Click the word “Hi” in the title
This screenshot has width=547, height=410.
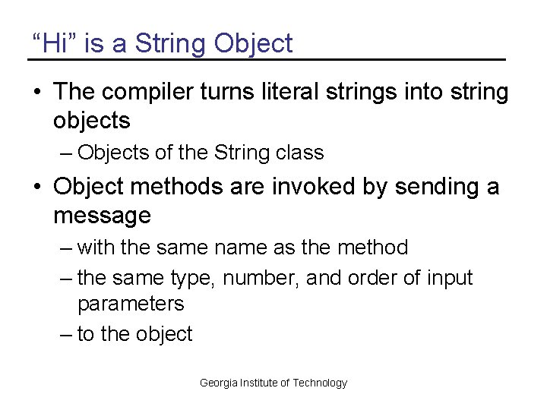pyautogui.click(x=55, y=43)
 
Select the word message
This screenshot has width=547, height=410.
pyautogui.click(x=102, y=216)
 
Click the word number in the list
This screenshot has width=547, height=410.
pyautogui.click(x=260, y=279)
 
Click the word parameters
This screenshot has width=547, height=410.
pyautogui.click(x=131, y=304)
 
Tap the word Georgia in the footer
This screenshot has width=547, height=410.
pyautogui.click(x=217, y=383)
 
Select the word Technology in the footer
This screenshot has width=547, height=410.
pyautogui.click(x=320, y=383)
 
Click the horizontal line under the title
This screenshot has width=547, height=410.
pyautogui.click(x=266, y=59)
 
